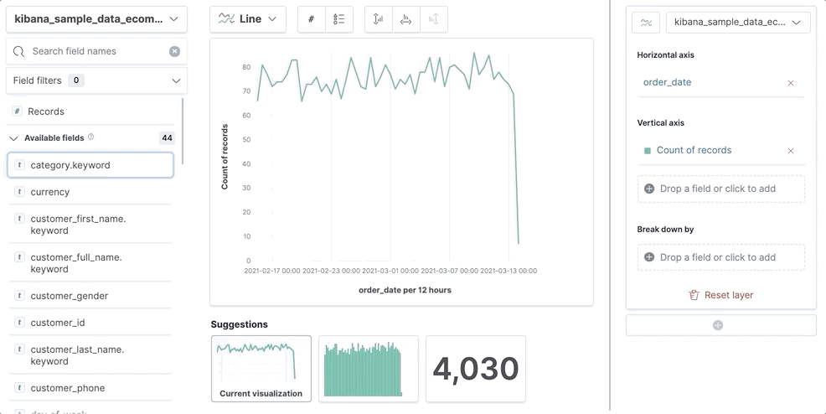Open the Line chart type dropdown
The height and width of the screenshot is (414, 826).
(x=248, y=19)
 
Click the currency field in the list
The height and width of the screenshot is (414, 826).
(x=50, y=192)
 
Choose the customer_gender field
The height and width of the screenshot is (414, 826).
(x=70, y=296)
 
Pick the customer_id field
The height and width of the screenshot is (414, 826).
(x=58, y=323)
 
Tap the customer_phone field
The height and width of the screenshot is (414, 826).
(x=68, y=388)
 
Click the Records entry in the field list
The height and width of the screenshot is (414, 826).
(x=46, y=111)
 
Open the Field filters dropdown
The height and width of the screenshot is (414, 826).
(x=96, y=80)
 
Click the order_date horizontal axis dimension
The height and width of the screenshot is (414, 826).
(x=668, y=82)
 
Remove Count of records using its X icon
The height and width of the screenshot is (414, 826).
(x=791, y=151)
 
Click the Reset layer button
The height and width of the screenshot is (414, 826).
(x=720, y=295)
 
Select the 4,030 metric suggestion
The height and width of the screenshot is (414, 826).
(x=476, y=369)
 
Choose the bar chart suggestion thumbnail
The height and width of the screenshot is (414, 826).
(x=368, y=369)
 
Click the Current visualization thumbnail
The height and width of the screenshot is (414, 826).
(x=261, y=369)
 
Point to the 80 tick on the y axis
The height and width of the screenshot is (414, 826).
(x=246, y=67)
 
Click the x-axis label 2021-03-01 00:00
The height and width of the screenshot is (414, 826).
(x=390, y=271)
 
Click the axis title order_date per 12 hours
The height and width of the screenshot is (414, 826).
(x=405, y=290)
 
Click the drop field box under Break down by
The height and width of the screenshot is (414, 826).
(x=720, y=257)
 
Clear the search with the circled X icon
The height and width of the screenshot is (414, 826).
(x=174, y=51)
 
